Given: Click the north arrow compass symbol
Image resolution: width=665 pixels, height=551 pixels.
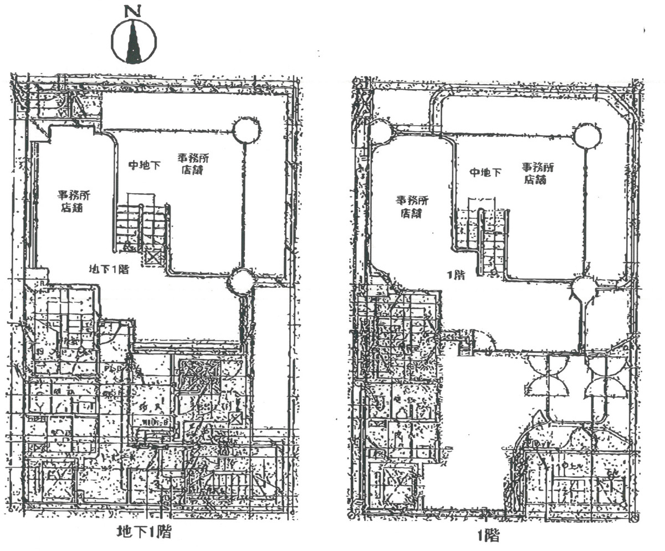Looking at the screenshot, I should coord(134,42).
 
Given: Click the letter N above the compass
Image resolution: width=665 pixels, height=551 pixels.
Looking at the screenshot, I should coord(132,11).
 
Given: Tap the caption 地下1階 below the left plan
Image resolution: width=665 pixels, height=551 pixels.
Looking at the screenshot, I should coord(143,533).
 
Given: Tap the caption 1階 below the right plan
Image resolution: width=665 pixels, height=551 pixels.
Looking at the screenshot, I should coord(490,535).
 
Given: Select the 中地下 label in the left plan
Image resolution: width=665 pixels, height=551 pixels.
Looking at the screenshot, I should coord(145,165).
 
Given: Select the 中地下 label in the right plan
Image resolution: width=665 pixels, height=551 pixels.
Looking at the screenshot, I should coord(485,172).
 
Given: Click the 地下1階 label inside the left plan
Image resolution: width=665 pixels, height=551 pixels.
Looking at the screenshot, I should coord(109,270).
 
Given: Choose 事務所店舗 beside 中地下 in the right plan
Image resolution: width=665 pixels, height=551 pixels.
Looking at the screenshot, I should coord(537,173).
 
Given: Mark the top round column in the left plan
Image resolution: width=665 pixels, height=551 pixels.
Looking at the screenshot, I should coord(246,131).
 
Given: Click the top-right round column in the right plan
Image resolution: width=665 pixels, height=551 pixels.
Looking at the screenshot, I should coord(587,136).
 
